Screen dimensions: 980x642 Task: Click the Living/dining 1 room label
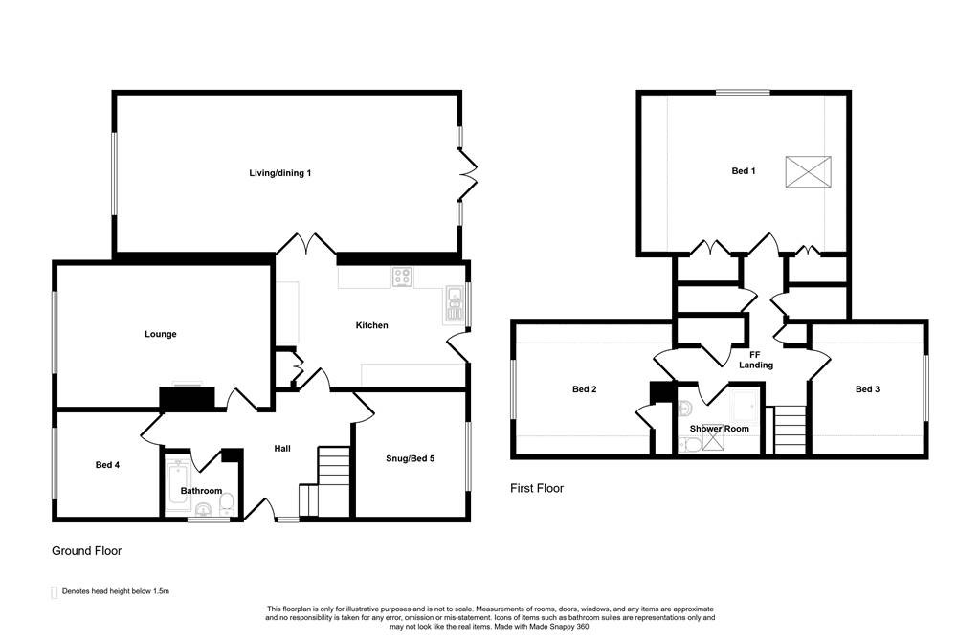click(x=280, y=173)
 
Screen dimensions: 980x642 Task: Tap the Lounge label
click(x=161, y=334)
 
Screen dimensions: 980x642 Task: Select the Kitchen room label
click(x=372, y=325)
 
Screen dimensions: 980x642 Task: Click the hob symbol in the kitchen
click(x=403, y=277)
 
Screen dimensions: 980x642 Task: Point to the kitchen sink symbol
click(x=454, y=305)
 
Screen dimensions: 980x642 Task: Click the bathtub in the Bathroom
click(x=174, y=484)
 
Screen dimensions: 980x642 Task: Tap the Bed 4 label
click(x=107, y=465)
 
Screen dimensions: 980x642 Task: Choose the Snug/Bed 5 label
click(x=410, y=459)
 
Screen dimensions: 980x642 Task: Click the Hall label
click(x=282, y=448)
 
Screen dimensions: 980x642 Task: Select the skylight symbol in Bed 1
click(x=808, y=171)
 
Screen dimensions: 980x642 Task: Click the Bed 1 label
click(x=744, y=170)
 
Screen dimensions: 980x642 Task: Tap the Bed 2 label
click(x=585, y=389)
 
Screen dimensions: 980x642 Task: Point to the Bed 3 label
click(x=867, y=389)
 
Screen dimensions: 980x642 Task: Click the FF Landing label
click(x=756, y=360)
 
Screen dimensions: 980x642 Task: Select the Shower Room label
click(x=720, y=429)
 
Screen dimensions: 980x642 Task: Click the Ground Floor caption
click(x=86, y=551)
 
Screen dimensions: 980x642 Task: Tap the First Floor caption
click(x=537, y=488)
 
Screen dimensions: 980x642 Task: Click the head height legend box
click(x=54, y=592)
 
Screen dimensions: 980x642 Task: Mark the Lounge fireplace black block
click(x=188, y=399)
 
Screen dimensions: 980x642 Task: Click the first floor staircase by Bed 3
click(x=790, y=431)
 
